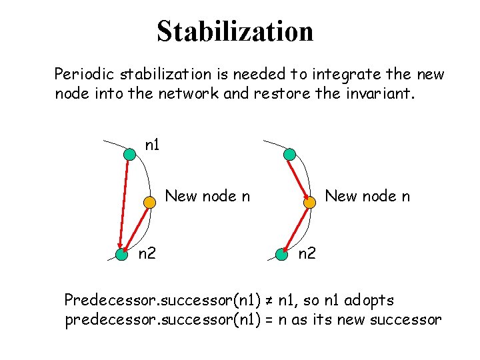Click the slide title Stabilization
point(235,31)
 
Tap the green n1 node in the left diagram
point(129,155)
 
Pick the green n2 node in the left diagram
point(121,254)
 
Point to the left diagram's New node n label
point(207,196)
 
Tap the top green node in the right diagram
point(289,155)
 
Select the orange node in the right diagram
point(310,203)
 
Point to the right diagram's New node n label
point(367,196)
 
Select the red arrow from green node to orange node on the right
point(299,179)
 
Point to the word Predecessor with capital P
point(103,300)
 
